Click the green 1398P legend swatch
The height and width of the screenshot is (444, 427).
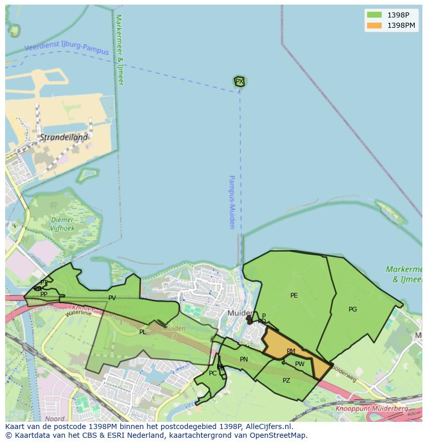point(374,15)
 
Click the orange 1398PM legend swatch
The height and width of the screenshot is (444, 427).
point(374,25)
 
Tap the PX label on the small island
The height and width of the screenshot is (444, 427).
point(239,81)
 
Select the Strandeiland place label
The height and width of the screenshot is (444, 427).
point(63,138)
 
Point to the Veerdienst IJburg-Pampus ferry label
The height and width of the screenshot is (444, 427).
point(67,50)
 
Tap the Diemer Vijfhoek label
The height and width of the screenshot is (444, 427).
point(63,224)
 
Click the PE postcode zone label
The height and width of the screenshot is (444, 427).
point(294,295)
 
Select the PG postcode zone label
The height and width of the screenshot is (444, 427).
point(353,309)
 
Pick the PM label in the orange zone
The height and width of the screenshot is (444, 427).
point(291,351)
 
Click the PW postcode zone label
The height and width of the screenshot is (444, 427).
point(300,364)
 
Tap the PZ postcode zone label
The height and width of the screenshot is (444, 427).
point(286,381)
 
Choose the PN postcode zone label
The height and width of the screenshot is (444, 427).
point(244,359)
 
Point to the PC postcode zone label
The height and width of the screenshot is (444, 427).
point(212,373)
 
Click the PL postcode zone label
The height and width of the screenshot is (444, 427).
point(142,332)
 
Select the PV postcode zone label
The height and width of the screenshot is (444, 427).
point(112,298)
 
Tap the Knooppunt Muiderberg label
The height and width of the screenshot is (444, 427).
point(371,408)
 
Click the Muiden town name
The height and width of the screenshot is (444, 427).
point(240,313)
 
